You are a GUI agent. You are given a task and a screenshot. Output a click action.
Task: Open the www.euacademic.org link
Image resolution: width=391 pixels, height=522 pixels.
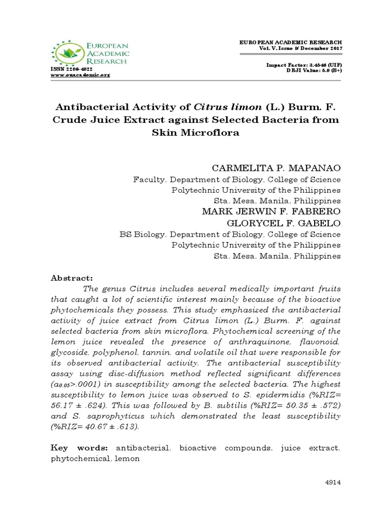click(x=80, y=75)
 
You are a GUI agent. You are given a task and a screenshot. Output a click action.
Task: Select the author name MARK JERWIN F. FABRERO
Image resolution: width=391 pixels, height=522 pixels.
click(x=271, y=212)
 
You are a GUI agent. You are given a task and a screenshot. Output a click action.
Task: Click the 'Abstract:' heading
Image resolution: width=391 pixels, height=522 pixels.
click(x=71, y=278)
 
